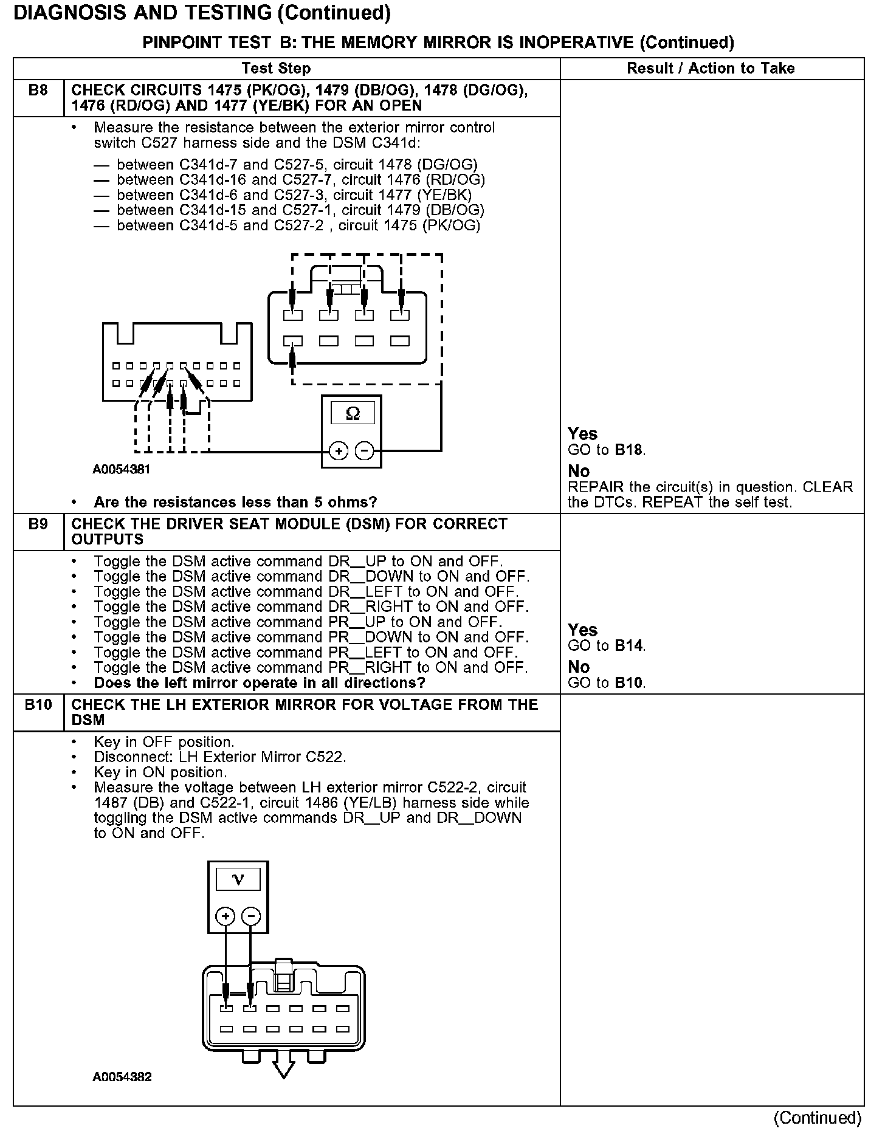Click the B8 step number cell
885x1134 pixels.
[38, 91]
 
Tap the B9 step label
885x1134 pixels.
[38, 524]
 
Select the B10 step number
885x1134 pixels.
[38, 705]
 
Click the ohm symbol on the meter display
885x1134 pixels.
[353, 414]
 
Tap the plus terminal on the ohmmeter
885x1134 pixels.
[338, 451]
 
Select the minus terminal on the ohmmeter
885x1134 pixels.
[364, 451]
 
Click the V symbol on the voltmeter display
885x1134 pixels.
[238, 879]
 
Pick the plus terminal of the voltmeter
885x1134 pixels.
[225, 916]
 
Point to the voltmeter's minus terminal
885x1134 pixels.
[250, 916]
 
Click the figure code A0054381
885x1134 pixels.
[122, 470]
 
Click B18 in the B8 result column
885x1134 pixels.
[628, 450]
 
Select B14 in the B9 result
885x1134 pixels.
[628, 646]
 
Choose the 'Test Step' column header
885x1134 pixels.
[276, 69]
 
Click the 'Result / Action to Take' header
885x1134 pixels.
[711, 69]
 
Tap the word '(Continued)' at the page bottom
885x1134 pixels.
[817, 1118]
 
